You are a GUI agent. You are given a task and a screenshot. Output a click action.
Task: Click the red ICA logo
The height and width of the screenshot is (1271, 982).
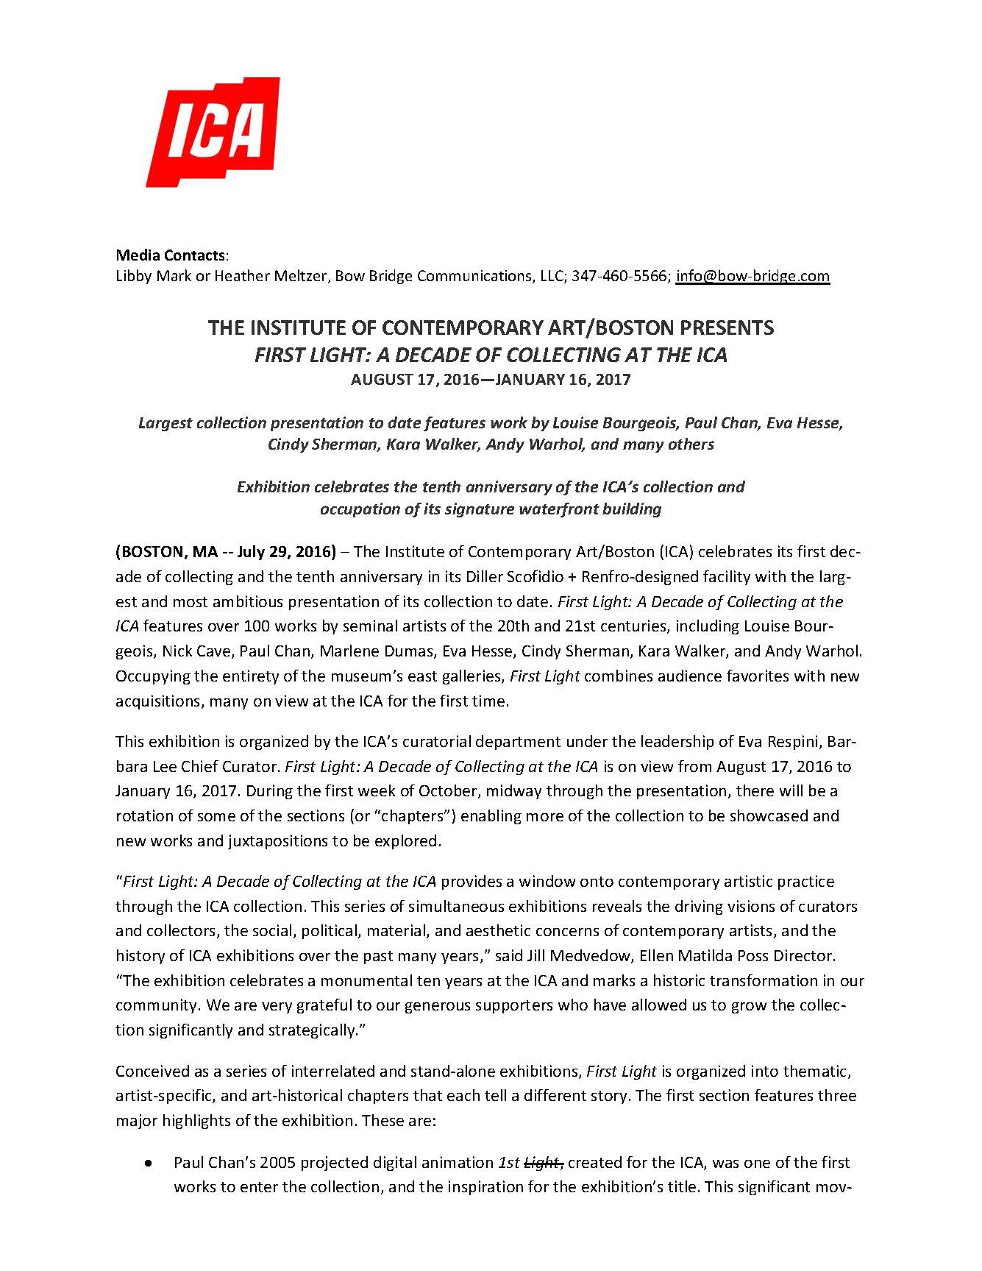[213, 132]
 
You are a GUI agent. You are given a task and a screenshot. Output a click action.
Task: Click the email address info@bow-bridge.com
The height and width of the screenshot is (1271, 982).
[752, 276]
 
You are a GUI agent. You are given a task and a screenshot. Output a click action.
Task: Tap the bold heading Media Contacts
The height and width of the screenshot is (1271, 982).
[171, 255]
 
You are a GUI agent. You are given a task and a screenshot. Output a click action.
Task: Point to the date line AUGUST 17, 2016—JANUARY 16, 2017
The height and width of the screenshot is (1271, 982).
[491, 380]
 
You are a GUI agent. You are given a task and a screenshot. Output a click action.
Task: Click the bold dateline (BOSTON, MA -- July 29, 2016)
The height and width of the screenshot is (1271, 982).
[226, 552]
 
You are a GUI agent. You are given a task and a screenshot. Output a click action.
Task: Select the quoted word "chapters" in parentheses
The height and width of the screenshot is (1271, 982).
[439, 816]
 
